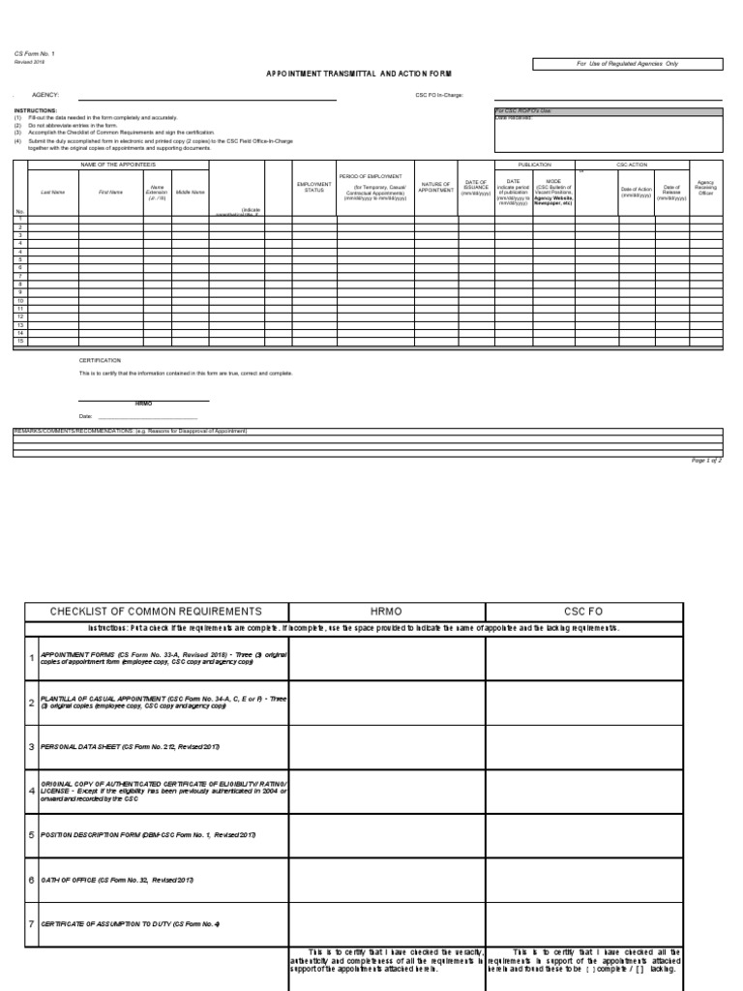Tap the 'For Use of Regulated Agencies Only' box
[x=628, y=63]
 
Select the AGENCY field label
[x=45, y=96]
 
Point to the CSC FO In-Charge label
[x=440, y=96]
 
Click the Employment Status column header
[x=314, y=187]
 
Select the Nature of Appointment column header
[x=435, y=187]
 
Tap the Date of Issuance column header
[x=476, y=187]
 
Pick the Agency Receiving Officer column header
[x=705, y=187]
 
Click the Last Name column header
[x=52, y=192]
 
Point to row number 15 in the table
[x=19, y=342]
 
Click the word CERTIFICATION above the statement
[x=100, y=360]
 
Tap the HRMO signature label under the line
[x=143, y=403]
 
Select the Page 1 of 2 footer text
[x=706, y=461]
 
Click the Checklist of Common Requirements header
[x=156, y=612]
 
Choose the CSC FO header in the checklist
[x=583, y=612]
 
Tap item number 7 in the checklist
[x=31, y=923]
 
